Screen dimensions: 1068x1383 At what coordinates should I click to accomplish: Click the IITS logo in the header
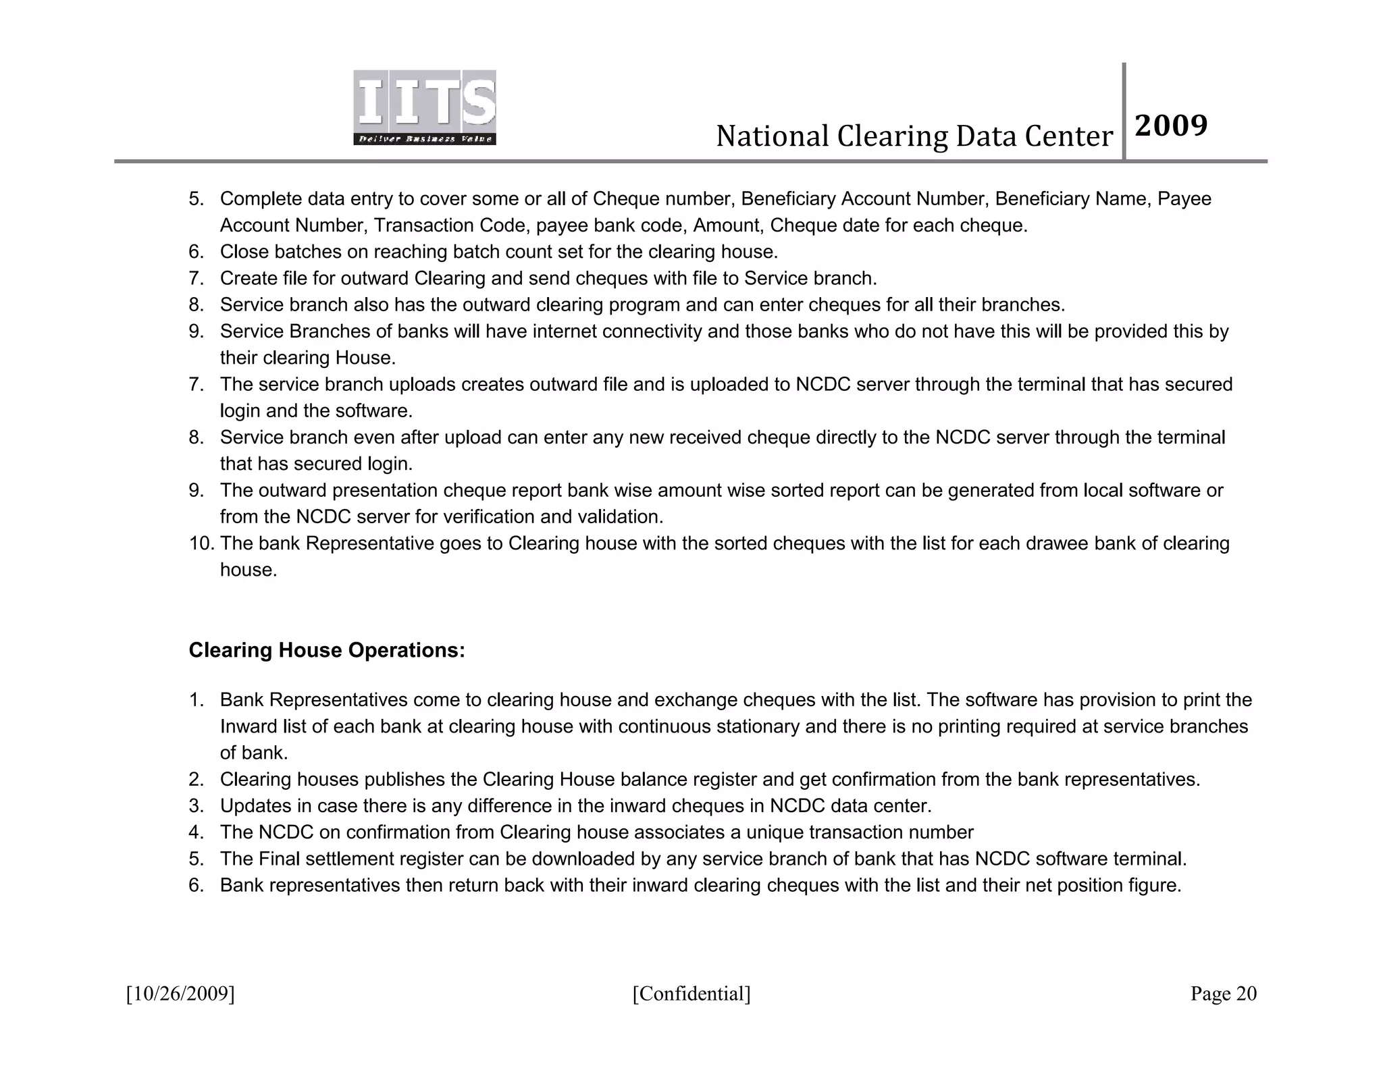pos(425,107)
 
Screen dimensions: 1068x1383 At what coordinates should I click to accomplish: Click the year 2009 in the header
pos(1171,126)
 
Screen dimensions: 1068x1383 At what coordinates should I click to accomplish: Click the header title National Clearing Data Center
pos(914,136)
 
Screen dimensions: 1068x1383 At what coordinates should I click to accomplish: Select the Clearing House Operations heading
pos(327,650)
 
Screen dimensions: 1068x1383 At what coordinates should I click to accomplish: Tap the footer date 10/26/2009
pos(180,994)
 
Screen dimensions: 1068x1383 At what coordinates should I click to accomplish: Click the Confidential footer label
pos(691,994)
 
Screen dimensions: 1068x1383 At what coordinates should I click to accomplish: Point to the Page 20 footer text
pos(1223,994)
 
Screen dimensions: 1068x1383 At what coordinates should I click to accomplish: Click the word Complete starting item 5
pos(261,199)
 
